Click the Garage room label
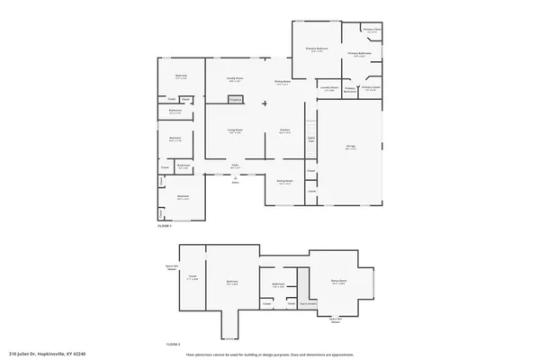(x=352, y=146)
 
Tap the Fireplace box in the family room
(x=236, y=100)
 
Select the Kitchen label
(x=283, y=130)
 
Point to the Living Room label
(x=235, y=130)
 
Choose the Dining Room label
(x=283, y=82)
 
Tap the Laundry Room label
(x=328, y=88)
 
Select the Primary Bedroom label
(x=316, y=49)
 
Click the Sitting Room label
(x=283, y=181)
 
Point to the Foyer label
(x=234, y=166)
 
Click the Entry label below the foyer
(x=235, y=183)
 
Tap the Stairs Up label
(x=312, y=139)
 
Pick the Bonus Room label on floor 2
(x=339, y=281)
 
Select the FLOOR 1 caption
(x=164, y=226)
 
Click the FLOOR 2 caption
(x=173, y=345)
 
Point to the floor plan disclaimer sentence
(x=270, y=354)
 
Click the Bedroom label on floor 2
(x=232, y=282)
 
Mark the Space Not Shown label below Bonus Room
(x=335, y=320)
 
